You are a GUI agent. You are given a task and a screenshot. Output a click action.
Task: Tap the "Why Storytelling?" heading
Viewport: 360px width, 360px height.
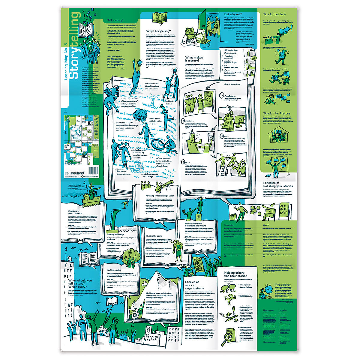pyautogui.click(x=158, y=31)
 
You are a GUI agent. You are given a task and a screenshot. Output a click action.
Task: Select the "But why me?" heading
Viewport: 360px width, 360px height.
pyautogui.click(x=234, y=14)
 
